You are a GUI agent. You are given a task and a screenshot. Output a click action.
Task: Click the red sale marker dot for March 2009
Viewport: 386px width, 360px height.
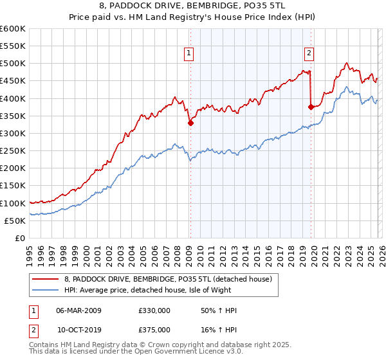point(190,123)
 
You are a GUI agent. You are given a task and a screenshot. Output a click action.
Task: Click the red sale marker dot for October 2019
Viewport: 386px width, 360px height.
point(311,107)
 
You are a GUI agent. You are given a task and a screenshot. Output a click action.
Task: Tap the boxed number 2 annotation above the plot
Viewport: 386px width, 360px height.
point(309,53)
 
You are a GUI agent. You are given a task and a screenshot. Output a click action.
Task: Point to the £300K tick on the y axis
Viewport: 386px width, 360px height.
point(13,134)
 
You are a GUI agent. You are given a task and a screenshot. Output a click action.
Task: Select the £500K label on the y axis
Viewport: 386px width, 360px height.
point(13,64)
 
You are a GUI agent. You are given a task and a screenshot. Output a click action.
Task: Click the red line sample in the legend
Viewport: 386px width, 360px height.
point(45,278)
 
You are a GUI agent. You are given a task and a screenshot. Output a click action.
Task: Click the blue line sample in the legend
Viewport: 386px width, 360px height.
point(45,290)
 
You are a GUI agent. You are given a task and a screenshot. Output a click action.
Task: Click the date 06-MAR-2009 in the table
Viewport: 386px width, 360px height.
point(78,310)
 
